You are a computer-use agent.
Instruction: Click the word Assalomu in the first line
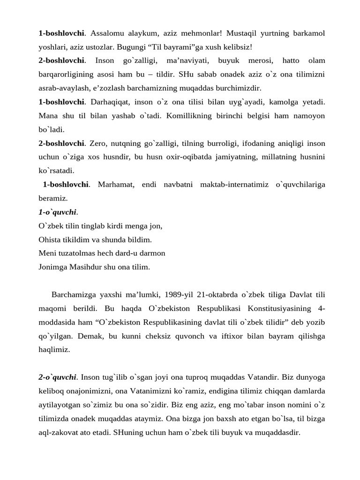105,33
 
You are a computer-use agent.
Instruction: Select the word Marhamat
116,184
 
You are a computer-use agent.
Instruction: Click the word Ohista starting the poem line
50,240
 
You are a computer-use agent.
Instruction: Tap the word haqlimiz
54,350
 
